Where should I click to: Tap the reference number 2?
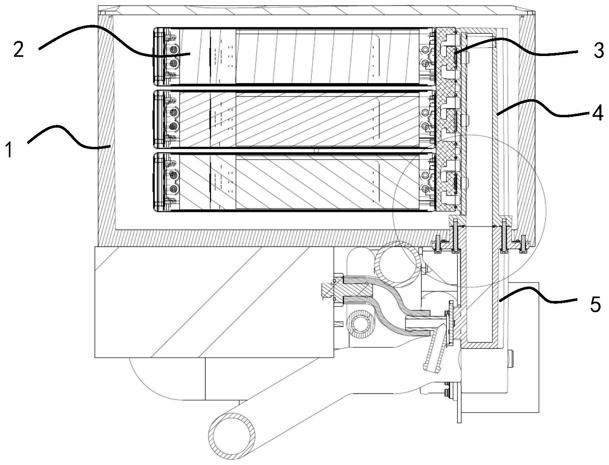tap(18, 50)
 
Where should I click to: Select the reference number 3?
tap(599, 51)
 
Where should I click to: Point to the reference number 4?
tap(597, 113)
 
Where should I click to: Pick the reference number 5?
tap(595, 305)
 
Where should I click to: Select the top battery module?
tap(294, 56)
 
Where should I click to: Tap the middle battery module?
tap(294, 119)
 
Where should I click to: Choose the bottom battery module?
tap(294, 181)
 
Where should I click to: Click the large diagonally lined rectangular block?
tap(214, 302)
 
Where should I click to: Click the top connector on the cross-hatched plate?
tap(449, 56)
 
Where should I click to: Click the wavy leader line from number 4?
tap(545, 108)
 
